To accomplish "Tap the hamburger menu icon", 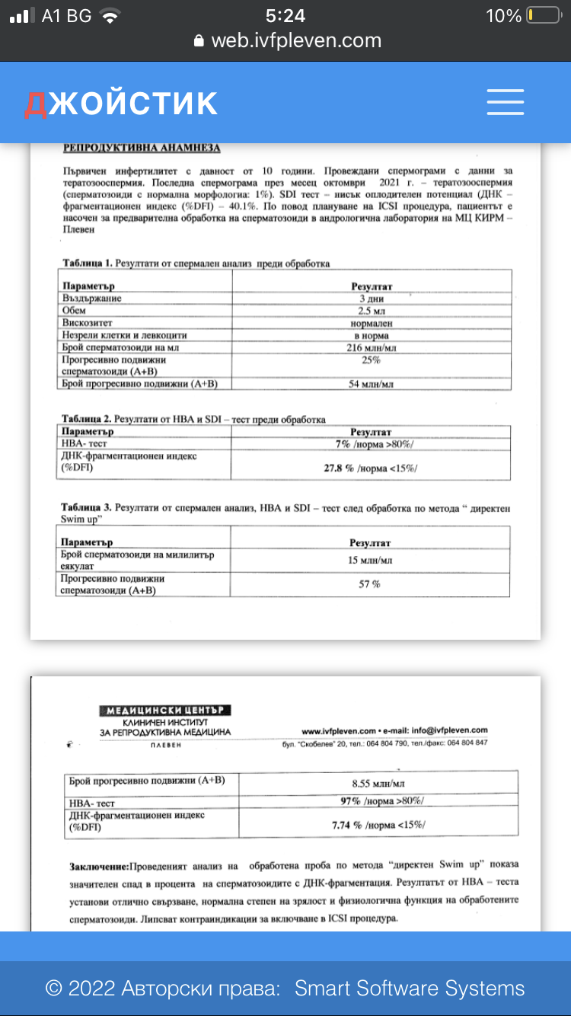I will click(505, 102).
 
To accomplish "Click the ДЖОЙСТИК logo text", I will click(120, 103).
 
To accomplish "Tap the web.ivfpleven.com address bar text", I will click(295, 40).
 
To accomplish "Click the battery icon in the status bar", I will click(541, 16).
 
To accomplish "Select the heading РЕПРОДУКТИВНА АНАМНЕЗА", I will click(142, 149).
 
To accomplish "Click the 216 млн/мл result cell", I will click(371, 347).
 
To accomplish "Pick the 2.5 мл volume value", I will click(371, 311).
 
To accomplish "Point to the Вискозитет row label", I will click(86, 323).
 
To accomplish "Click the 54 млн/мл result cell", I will click(371, 384).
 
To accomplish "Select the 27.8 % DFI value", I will click(340, 468).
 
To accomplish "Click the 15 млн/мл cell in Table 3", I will click(371, 561).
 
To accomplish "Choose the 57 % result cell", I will click(370, 584).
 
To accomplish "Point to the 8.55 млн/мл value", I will click(378, 782).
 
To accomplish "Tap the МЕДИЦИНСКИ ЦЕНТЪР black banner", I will click(165, 711).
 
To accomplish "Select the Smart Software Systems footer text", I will click(410, 989).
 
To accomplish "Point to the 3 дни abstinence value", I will click(371, 299).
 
